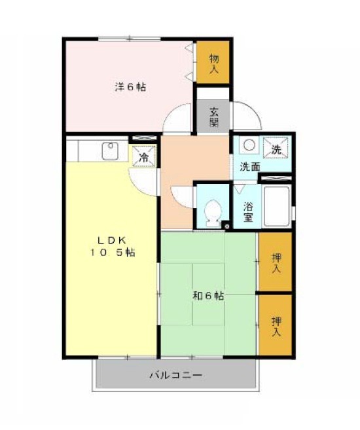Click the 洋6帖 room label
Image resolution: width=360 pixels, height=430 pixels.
tap(130, 87)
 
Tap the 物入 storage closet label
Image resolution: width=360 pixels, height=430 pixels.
tap(213, 63)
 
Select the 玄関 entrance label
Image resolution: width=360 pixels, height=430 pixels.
tap(214, 117)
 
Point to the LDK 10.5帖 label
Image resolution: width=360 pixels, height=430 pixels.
tap(113, 246)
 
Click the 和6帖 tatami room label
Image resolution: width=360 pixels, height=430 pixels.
tap(208, 296)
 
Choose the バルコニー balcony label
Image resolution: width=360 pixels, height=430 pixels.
tap(176, 375)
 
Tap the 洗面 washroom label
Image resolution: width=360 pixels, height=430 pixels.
tap(250, 167)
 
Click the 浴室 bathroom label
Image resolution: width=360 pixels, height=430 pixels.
tap(248, 212)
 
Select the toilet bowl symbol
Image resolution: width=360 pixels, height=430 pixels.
tap(213, 213)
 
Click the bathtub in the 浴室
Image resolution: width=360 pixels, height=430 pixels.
tap(276, 206)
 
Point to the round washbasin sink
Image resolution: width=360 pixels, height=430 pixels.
tap(249, 145)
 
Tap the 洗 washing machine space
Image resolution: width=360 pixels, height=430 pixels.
tap(276, 148)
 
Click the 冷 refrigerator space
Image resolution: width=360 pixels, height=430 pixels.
tap(144, 156)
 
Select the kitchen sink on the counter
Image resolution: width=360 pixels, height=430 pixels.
tap(110, 151)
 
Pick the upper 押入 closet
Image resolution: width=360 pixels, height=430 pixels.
tap(276, 262)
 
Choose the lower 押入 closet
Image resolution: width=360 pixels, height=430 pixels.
tap(276, 325)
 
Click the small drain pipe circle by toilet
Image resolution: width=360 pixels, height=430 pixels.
tap(226, 226)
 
